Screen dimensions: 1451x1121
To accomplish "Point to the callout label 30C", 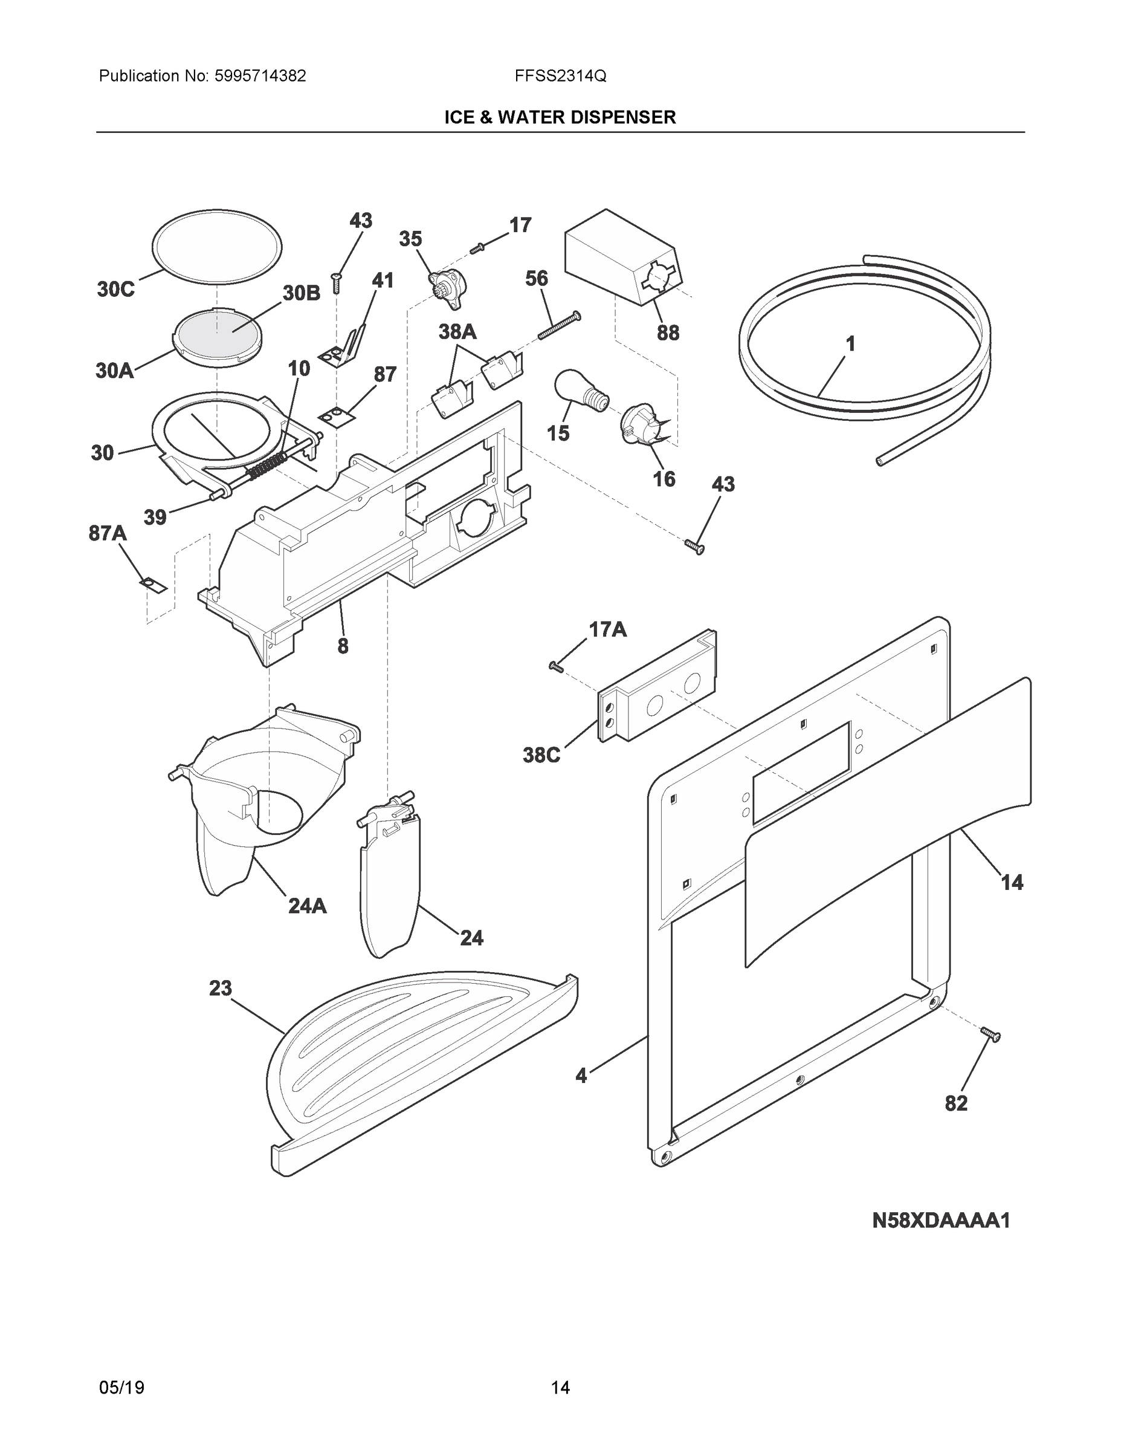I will (x=115, y=289).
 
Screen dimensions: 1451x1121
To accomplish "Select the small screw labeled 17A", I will (x=556, y=666).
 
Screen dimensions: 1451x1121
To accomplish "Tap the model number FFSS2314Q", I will (x=560, y=76).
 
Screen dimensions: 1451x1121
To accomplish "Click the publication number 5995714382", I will (x=260, y=76).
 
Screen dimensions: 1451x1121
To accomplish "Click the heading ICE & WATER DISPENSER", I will (x=560, y=118).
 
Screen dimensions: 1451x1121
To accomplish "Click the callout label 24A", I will (x=308, y=905).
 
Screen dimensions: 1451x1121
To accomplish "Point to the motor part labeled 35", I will (x=446, y=288).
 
